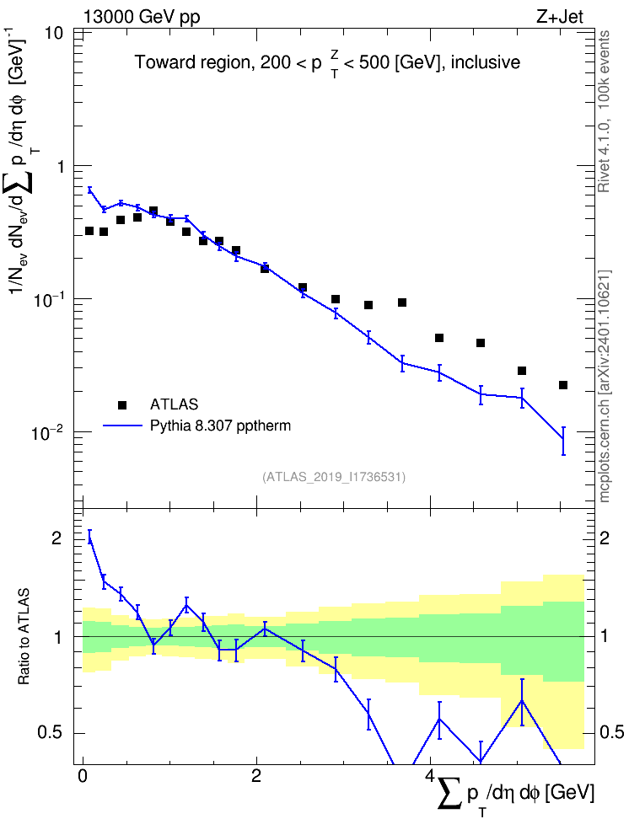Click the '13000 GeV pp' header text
click(141, 17)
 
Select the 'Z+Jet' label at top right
click(559, 17)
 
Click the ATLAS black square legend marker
click(122, 404)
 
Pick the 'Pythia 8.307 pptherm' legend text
click(220, 426)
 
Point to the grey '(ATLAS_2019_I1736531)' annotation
click(334, 476)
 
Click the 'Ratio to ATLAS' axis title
click(24, 636)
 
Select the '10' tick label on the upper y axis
click(51, 33)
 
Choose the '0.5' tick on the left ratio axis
click(50, 732)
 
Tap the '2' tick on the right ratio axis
click(605, 538)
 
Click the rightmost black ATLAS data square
click(563, 385)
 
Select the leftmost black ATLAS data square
click(89, 231)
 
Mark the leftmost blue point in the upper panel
click(89, 190)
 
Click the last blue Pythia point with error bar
click(563, 439)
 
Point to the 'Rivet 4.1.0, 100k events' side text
click(604, 111)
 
